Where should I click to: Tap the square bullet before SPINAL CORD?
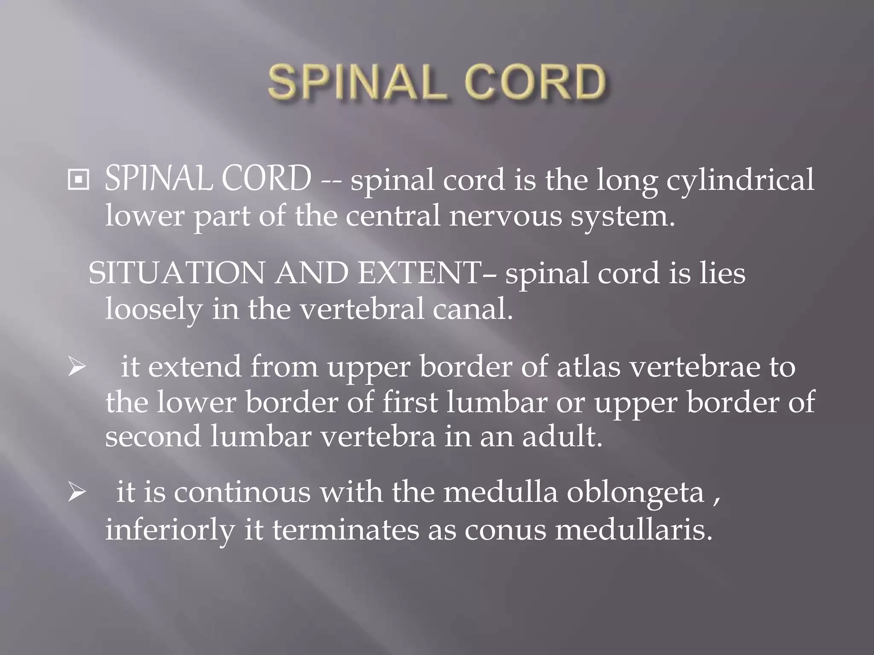79,180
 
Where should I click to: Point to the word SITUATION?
176,273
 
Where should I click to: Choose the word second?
153,437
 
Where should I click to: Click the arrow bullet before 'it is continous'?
77,493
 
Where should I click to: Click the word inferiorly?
170,530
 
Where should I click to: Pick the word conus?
505,530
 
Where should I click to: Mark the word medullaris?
634,530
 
